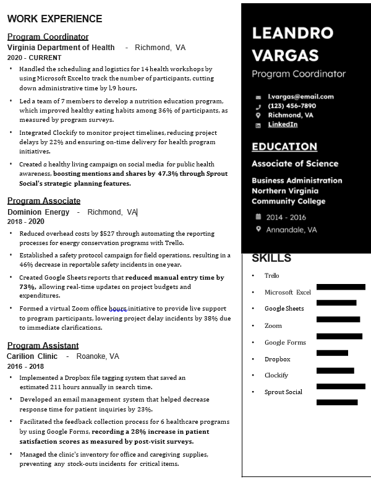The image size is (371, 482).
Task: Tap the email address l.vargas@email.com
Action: (x=301, y=97)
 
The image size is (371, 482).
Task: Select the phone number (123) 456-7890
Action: (x=292, y=106)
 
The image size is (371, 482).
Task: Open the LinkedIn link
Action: (x=283, y=124)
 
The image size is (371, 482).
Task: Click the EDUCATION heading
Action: (x=284, y=147)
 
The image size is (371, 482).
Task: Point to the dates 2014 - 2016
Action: (x=286, y=217)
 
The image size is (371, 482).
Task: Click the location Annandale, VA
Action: (x=291, y=230)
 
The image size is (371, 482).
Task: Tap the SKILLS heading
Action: (x=271, y=258)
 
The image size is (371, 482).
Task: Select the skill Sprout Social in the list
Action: (x=283, y=392)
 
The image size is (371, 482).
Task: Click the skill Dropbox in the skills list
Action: (x=277, y=359)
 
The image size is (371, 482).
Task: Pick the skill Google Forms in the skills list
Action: (x=285, y=342)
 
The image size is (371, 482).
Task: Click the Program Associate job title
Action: (x=44, y=200)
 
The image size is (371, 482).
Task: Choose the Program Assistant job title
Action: (x=43, y=345)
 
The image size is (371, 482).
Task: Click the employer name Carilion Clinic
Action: (x=32, y=356)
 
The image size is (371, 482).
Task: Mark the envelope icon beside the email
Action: (x=258, y=97)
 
